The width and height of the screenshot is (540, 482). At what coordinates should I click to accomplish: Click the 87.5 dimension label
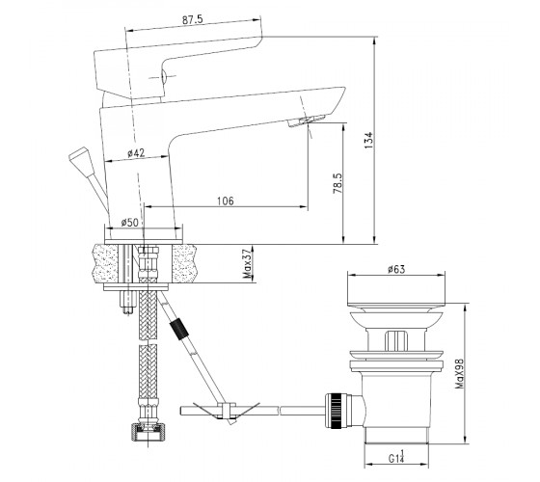click(x=193, y=19)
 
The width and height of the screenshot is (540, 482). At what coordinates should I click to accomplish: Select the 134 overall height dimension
click(x=368, y=140)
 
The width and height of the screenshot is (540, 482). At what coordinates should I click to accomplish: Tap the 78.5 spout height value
click(x=337, y=183)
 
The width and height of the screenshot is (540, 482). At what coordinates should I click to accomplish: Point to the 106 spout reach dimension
click(x=226, y=201)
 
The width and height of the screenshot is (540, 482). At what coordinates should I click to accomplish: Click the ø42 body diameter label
click(x=136, y=153)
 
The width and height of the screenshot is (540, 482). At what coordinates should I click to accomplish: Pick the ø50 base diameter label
click(x=129, y=223)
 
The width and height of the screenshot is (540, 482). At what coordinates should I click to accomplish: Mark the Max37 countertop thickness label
click(x=247, y=263)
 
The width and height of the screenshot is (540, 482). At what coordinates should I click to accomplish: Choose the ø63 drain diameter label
click(x=396, y=269)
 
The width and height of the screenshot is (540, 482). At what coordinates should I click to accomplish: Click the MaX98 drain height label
click(x=459, y=374)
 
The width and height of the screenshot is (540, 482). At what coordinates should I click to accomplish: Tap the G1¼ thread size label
click(x=396, y=457)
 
